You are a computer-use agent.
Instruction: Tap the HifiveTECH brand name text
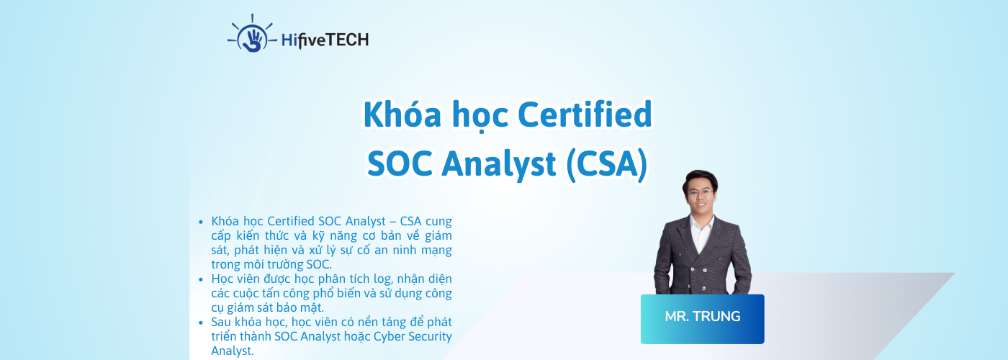click(326, 40)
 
